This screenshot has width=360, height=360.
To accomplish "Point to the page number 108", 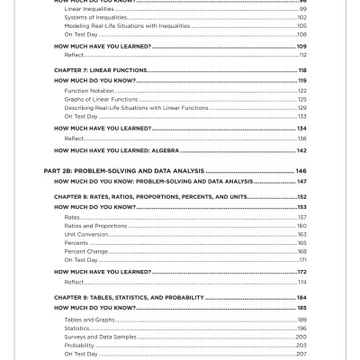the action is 301,33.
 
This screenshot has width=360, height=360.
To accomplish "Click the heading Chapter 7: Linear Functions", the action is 101,70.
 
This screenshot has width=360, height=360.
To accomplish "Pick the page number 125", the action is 301,99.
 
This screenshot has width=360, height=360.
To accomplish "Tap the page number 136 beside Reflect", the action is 301,138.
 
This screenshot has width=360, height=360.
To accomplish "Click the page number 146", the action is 301,170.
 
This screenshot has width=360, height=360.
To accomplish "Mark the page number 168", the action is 301,251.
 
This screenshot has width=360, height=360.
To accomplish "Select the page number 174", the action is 301,282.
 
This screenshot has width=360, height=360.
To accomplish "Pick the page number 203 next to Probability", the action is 301,345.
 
